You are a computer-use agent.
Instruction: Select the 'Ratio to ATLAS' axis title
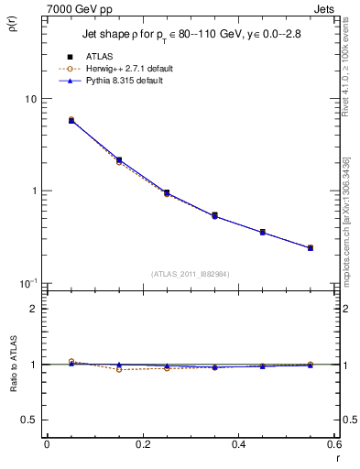coord(13,365)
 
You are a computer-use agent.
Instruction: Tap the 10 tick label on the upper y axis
coord(30,99)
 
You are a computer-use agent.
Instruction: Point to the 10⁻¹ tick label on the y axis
coord(28,283)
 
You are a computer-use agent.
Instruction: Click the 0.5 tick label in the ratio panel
coord(29,420)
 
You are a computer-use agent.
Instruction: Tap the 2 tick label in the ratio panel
coord(34,309)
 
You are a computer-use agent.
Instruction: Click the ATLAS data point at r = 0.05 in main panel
coord(71,120)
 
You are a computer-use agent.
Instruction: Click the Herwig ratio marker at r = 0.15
coord(119,369)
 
